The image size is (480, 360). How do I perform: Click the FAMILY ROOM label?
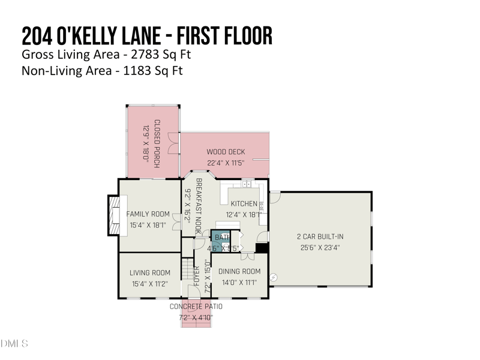(148, 214)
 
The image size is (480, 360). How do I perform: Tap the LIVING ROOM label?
(150, 273)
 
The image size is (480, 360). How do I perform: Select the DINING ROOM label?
(239, 272)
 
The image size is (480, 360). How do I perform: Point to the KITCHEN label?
(244, 204)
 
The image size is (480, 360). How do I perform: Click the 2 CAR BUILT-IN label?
(320, 236)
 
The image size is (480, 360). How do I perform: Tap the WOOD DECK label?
(226, 152)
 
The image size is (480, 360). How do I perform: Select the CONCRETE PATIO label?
(196, 307)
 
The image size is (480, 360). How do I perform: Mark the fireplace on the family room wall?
(113, 215)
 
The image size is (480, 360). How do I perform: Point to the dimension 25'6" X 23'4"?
(320, 247)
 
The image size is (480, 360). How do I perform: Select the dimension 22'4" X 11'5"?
(226, 163)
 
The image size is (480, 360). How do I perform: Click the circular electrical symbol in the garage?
(274, 277)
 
